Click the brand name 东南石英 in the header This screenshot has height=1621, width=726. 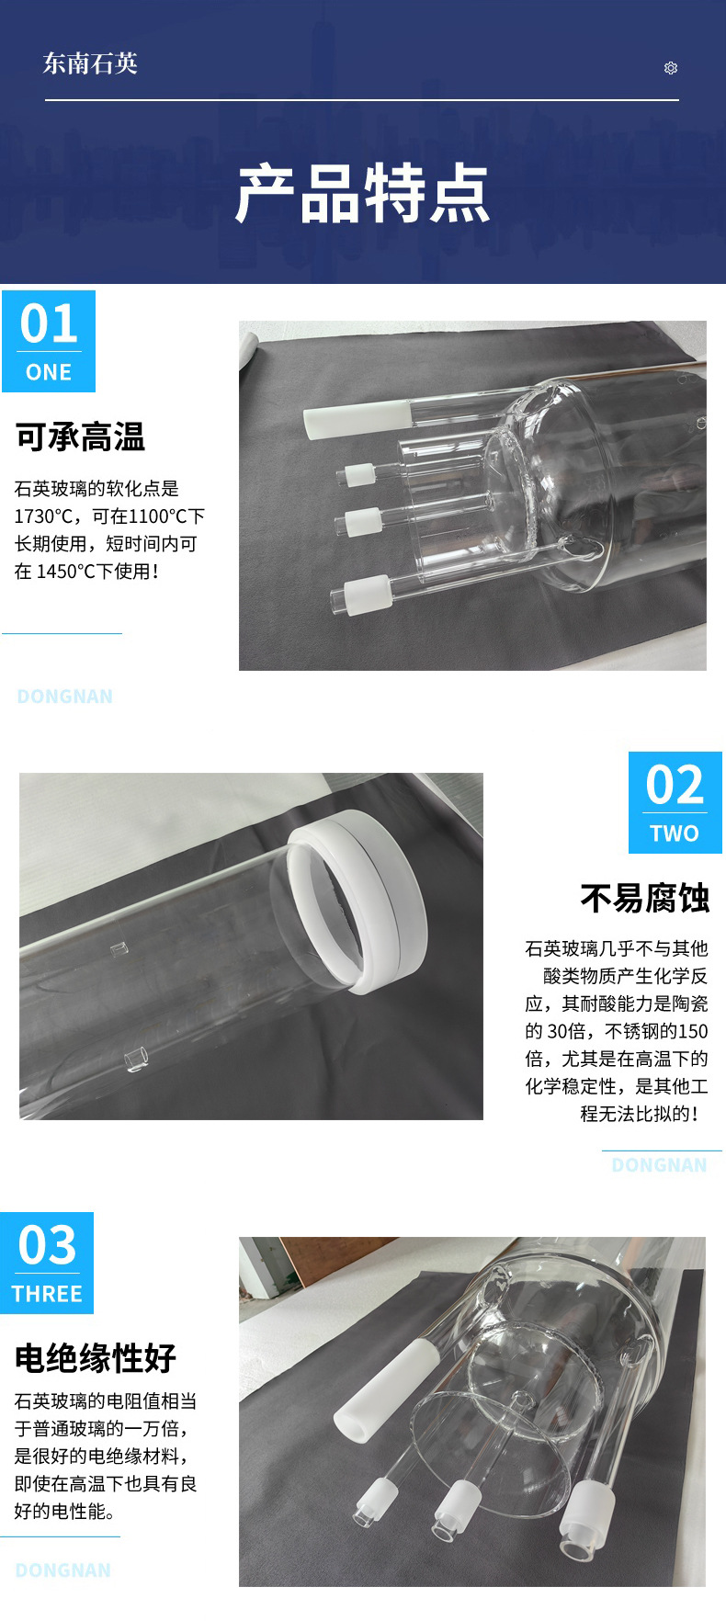click(x=90, y=63)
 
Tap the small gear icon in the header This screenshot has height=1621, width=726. click(x=671, y=68)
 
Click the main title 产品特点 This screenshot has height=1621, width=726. click(x=362, y=194)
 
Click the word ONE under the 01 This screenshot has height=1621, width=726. click(x=49, y=372)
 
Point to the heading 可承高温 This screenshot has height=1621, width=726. click(x=80, y=437)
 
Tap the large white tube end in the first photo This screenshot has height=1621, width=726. click(x=353, y=421)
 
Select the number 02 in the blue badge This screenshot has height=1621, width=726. click(x=675, y=785)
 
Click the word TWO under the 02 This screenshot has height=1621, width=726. click(x=675, y=833)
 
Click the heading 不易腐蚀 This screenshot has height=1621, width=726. click(x=644, y=899)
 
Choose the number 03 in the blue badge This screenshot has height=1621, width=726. click(x=47, y=1245)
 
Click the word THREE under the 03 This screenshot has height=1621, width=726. click(x=47, y=1294)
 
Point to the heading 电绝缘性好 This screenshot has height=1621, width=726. click(x=96, y=1357)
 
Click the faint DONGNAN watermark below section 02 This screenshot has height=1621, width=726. click(x=659, y=1165)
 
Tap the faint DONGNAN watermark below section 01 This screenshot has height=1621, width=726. click(x=65, y=697)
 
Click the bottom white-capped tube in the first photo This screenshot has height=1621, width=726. click(x=364, y=593)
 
